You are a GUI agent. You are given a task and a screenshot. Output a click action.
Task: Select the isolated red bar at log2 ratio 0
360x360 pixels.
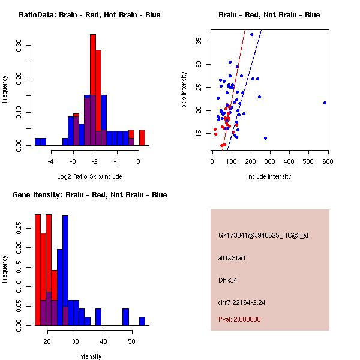142,137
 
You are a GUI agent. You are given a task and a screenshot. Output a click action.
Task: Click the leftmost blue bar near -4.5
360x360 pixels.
40,142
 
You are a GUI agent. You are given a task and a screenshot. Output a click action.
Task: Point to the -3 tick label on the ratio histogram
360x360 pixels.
73,161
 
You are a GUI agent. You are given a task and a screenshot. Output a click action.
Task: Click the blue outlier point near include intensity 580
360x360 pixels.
325,103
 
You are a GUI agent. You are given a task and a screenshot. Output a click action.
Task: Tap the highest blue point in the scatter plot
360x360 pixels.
251,34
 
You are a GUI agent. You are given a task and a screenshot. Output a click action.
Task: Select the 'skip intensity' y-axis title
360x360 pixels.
184,90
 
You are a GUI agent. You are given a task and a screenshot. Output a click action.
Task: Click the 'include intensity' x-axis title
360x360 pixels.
269,176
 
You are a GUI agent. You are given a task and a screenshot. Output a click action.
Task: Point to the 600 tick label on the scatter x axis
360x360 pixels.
328,161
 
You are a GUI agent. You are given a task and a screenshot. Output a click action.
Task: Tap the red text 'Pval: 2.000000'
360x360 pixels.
239,319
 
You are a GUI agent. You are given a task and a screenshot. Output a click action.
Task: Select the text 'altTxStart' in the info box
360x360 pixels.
232,258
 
